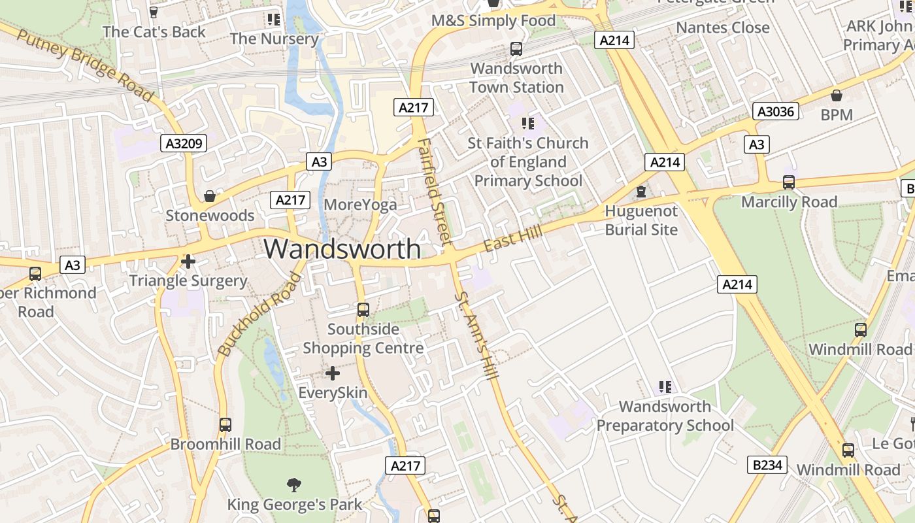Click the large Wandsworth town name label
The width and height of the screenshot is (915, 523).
[x=342, y=249]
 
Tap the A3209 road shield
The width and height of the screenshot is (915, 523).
[x=184, y=144]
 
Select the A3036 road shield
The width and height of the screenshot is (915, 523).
[x=776, y=112]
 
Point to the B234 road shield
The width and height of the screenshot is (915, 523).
[x=767, y=465]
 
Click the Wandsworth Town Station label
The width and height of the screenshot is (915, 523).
[x=516, y=78]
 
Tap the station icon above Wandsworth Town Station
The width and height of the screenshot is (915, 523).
[x=516, y=48]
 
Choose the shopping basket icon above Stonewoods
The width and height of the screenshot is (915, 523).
[x=210, y=196]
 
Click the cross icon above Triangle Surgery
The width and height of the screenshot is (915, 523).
[x=188, y=262]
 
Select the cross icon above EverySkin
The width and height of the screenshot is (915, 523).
[x=333, y=373]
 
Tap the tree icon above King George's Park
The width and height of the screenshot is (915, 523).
[x=294, y=484]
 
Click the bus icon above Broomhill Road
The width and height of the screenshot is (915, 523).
[x=225, y=425]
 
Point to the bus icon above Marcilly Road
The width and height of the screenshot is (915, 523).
[x=789, y=182]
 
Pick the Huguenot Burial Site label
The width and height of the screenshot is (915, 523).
[x=641, y=220]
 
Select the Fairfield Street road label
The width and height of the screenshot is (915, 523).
[x=435, y=190]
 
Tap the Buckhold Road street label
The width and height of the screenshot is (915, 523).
[x=260, y=315]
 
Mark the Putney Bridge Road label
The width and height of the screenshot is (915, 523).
[x=85, y=65]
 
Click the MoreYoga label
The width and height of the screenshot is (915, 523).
[x=360, y=205]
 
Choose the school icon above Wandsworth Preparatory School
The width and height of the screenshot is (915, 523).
[x=665, y=387]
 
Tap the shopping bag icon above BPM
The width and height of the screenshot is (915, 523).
[x=837, y=95]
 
